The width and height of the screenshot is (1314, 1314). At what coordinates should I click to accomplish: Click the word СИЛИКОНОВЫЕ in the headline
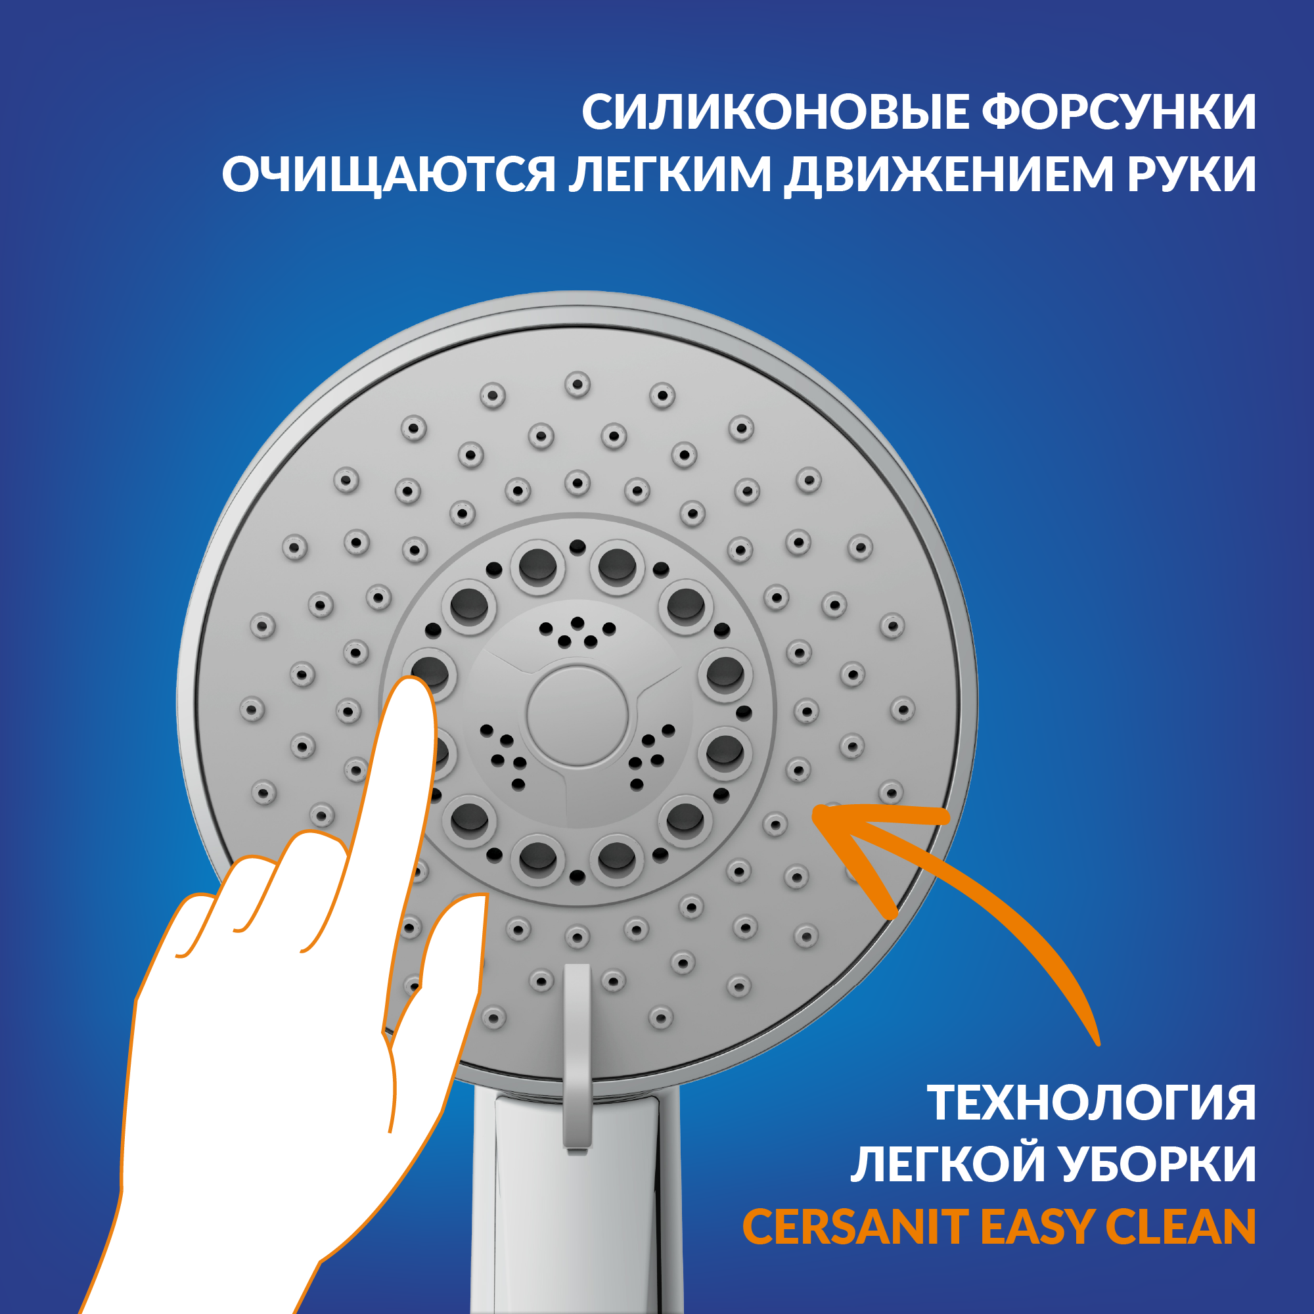pos(775,112)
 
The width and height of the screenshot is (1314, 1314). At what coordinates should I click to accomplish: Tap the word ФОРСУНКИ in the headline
pos(1118,112)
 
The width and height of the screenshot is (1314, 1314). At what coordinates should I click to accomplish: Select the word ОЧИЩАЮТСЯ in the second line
pos(389,175)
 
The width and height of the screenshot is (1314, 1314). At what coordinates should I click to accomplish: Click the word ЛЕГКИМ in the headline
pos(670,175)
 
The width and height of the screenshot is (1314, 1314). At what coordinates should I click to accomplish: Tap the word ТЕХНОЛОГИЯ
pos(1091,1102)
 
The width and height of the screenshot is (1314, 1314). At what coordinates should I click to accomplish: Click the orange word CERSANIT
pos(855,1226)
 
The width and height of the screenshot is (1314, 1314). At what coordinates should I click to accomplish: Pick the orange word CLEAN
pos(1181,1226)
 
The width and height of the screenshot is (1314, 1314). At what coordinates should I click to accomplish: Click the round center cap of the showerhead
pos(577,715)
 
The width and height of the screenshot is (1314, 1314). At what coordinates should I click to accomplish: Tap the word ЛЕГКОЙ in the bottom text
pos(945,1164)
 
